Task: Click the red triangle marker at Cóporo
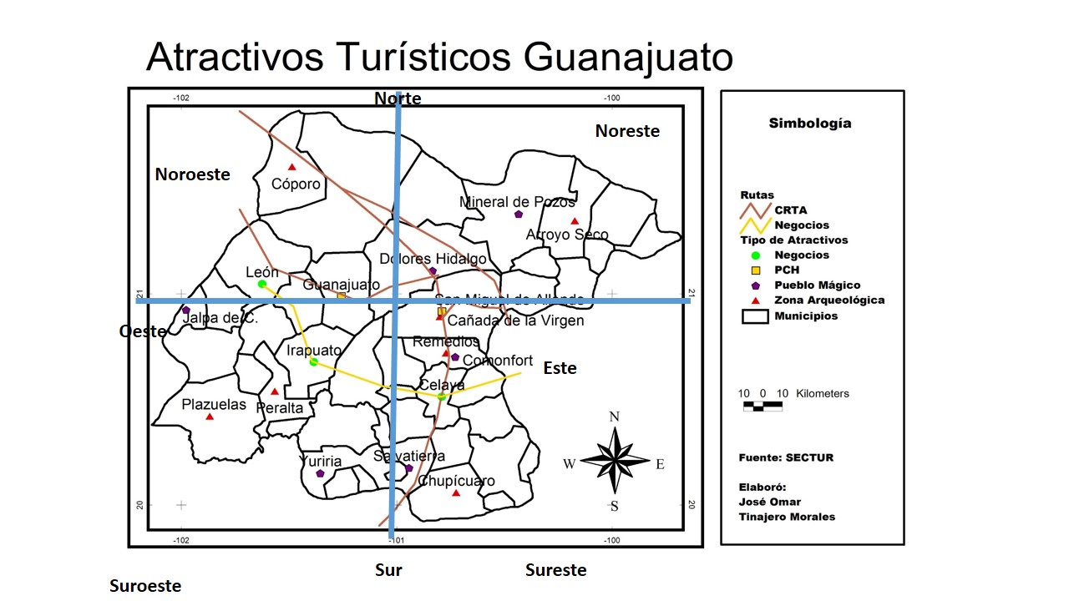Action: click(x=291, y=167)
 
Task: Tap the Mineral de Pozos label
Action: click(x=517, y=202)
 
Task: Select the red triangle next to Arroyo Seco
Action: click(x=575, y=221)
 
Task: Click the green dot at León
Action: click(x=261, y=285)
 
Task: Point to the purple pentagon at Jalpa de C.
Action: click(x=186, y=311)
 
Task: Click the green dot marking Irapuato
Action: click(x=313, y=362)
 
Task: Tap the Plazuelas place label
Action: click(x=214, y=405)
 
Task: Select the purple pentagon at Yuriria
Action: click(x=320, y=473)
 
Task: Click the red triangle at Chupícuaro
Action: click(x=456, y=493)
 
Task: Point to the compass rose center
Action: click(x=615, y=460)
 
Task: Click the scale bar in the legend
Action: click(x=762, y=407)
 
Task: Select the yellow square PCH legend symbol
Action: click(x=756, y=270)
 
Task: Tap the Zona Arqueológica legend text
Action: click(x=828, y=300)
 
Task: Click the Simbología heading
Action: click(x=810, y=124)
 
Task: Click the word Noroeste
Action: click(x=192, y=174)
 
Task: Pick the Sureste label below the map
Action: click(x=555, y=571)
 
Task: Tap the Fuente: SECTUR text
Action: click(x=786, y=457)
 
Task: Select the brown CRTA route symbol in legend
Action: click(x=755, y=210)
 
